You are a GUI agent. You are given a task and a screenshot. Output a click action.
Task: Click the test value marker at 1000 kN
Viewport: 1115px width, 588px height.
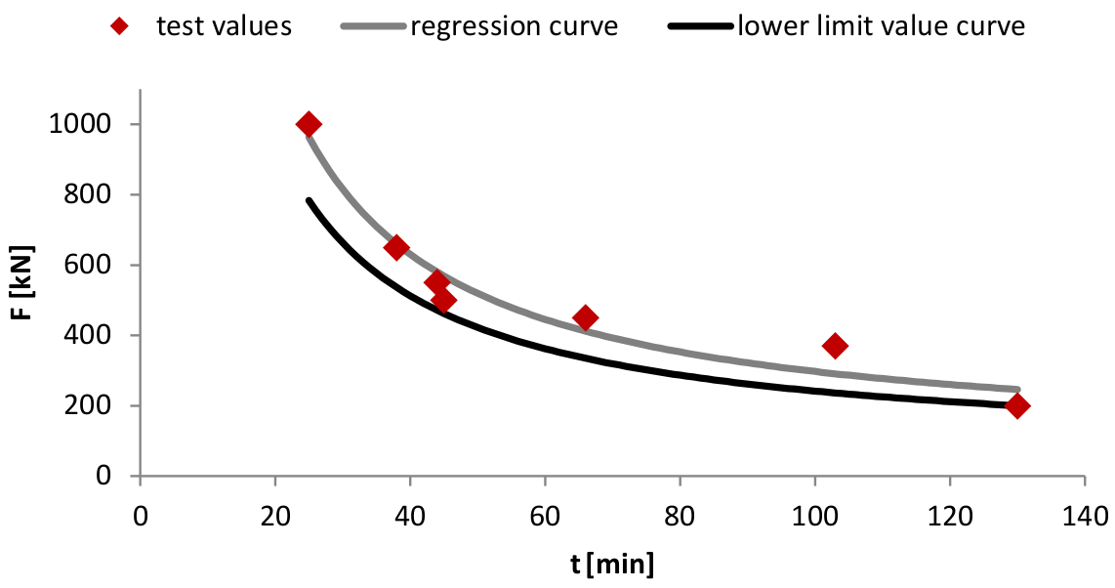point(309,124)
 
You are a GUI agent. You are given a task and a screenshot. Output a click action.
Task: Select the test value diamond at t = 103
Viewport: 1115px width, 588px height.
point(835,345)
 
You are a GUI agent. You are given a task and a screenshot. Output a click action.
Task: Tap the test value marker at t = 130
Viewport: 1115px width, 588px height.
point(1017,405)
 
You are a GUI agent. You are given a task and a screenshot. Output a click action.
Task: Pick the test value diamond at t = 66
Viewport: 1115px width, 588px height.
point(586,317)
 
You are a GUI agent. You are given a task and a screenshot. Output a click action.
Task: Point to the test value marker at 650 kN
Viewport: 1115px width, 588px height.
point(396,247)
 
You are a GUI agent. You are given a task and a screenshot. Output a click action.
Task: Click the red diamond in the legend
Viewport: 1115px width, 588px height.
point(121,26)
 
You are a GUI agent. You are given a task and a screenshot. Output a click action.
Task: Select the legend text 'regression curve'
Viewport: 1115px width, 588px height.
point(514,26)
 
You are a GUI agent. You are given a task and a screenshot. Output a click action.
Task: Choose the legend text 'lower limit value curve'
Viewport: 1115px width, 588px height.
point(881,26)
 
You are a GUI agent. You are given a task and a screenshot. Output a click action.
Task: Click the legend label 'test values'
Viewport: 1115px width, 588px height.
point(224,26)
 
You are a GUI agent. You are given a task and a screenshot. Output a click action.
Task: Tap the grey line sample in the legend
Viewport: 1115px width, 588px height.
point(373,26)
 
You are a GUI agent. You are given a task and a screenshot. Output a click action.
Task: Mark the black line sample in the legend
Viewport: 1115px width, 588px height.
point(700,26)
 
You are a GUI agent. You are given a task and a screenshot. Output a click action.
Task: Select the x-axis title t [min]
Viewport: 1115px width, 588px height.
point(612,565)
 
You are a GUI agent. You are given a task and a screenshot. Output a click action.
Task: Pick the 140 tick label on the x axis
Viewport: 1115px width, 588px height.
point(1085,515)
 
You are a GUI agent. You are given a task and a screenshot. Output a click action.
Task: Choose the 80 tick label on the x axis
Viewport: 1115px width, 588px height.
point(680,515)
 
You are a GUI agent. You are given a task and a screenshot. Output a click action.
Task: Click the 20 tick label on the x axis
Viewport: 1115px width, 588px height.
point(275,515)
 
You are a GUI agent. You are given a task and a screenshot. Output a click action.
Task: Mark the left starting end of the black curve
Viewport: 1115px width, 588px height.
point(309,201)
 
